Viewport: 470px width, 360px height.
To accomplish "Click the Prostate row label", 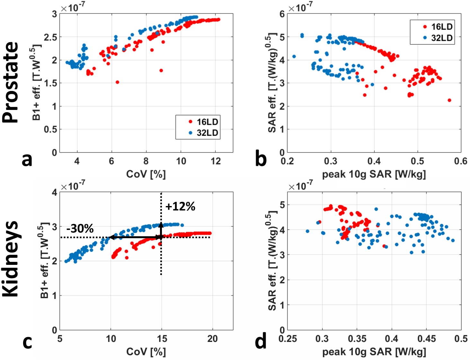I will (x=10, y=82).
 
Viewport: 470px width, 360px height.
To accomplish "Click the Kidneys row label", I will (x=10, y=259).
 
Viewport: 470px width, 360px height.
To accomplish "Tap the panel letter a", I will (x=27, y=159).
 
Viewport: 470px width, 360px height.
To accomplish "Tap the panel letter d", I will (x=261, y=341).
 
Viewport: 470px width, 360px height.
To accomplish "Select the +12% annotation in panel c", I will (x=180, y=206).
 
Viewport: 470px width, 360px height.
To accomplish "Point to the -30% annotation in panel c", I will (x=80, y=229).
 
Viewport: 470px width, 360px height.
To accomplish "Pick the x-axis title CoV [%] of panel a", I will (x=146, y=174).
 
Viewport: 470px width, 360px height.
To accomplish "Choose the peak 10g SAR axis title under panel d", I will (x=374, y=352).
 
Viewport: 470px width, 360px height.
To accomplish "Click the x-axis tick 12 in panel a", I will (x=216, y=161).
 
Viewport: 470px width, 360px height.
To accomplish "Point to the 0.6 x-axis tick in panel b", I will (x=461, y=161).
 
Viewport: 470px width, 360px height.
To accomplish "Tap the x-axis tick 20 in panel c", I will (x=212, y=339).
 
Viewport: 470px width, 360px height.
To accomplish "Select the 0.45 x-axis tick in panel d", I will (x=426, y=339).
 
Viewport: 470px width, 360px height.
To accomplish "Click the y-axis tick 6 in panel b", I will (x=282, y=14).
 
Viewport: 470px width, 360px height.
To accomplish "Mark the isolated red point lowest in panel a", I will (x=117, y=82).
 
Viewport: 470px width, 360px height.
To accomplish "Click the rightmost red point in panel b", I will (x=449, y=100).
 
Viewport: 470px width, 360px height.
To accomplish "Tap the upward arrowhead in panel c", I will (x=161, y=224).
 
